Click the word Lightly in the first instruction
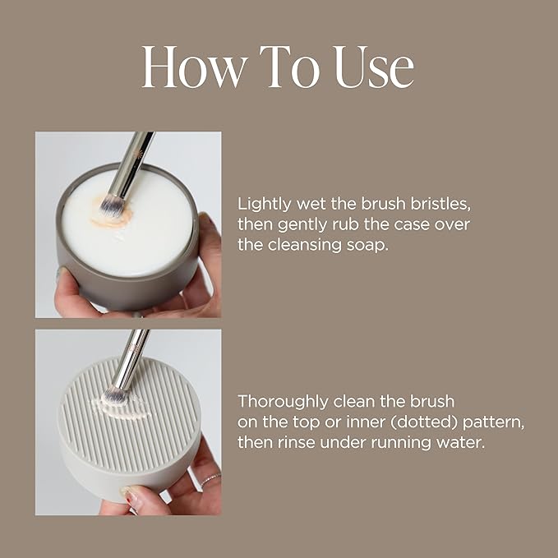click(x=261, y=202)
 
